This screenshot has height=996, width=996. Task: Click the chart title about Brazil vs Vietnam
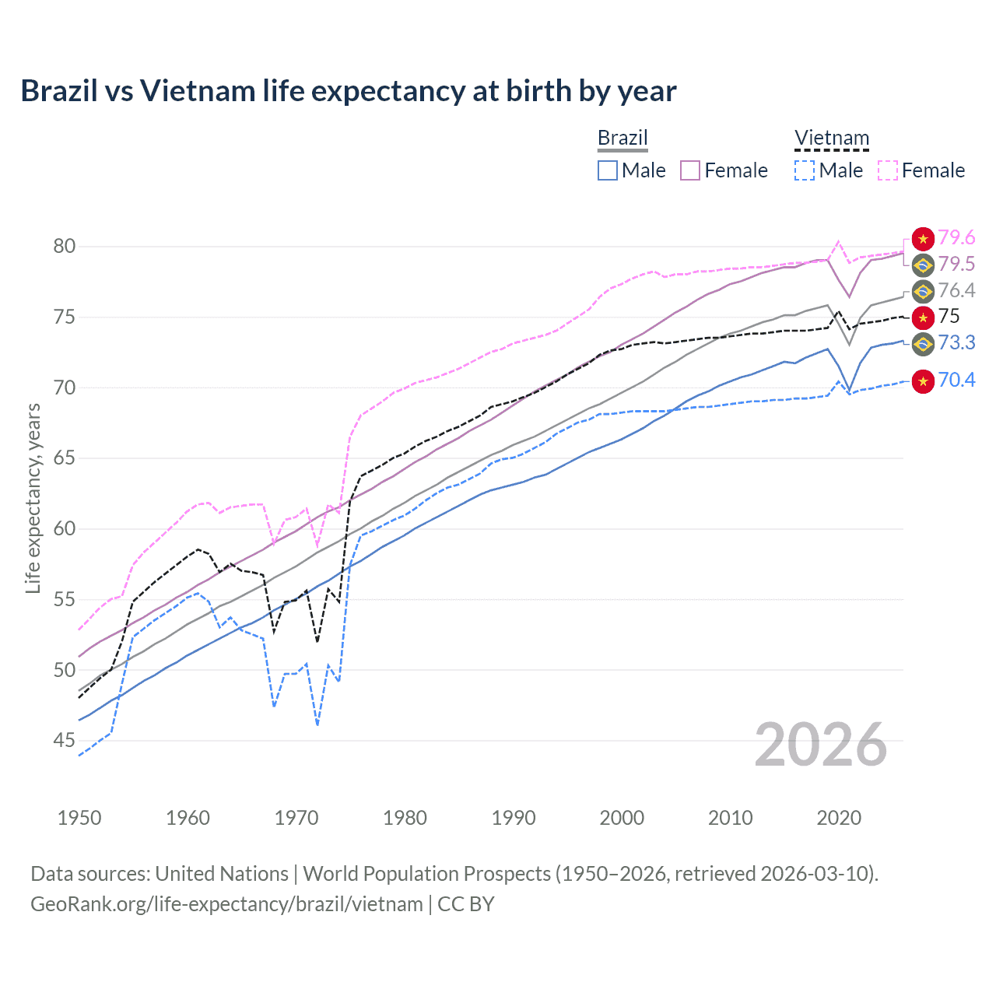pyautogui.click(x=348, y=91)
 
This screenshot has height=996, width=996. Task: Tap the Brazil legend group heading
pyautogui.click(x=622, y=138)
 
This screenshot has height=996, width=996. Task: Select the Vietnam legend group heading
pyautogui.click(x=831, y=138)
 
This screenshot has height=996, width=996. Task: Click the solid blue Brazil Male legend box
pyautogui.click(x=608, y=170)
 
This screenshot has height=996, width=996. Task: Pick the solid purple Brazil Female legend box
pyautogui.click(x=690, y=170)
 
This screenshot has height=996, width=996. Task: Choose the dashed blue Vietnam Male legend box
pyautogui.click(x=805, y=170)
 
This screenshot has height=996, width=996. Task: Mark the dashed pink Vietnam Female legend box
pyautogui.click(x=887, y=170)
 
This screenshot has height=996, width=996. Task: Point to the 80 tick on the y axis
pyautogui.click(x=65, y=247)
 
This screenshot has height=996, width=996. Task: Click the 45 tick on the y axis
pyautogui.click(x=65, y=741)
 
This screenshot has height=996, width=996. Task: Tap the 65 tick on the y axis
pyautogui.click(x=65, y=458)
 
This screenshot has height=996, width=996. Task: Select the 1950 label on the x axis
pyautogui.click(x=79, y=818)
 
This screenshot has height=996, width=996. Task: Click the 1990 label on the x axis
pyautogui.click(x=514, y=818)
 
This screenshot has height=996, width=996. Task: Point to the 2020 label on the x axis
pyautogui.click(x=839, y=818)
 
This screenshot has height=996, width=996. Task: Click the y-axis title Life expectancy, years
pyautogui.click(x=33, y=498)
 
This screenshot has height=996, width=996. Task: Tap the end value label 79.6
pyautogui.click(x=956, y=238)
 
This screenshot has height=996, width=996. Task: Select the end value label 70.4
pyautogui.click(x=956, y=381)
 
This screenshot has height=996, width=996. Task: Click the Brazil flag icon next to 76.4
pyautogui.click(x=923, y=292)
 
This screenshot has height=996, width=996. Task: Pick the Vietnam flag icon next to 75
pyautogui.click(x=923, y=317)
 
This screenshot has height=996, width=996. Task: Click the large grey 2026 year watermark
pyautogui.click(x=821, y=745)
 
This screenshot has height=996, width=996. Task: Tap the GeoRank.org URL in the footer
pyautogui.click(x=226, y=904)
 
